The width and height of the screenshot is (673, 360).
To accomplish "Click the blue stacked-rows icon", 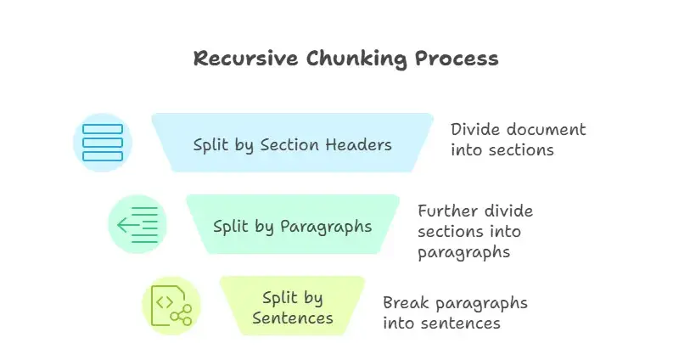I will [102, 143].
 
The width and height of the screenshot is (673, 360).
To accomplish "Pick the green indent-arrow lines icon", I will [137, 224].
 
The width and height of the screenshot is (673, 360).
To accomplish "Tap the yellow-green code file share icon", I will [171, 306].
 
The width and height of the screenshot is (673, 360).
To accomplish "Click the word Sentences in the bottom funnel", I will [292, 318].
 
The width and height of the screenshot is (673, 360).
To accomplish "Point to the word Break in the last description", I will [406, 303].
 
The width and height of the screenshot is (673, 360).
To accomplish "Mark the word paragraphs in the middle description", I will [465, 252].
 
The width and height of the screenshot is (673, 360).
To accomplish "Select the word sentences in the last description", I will [466, 323].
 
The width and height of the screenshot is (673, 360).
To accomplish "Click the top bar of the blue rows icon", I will [102, 130].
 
